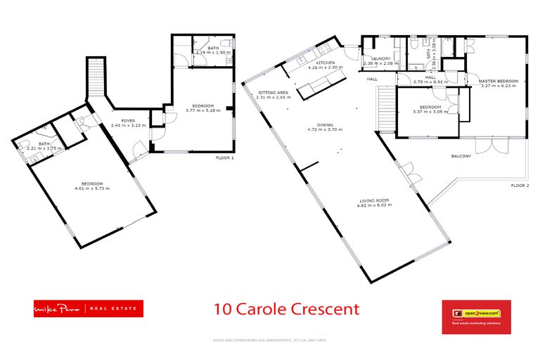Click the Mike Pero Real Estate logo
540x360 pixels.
(x=88, y=309)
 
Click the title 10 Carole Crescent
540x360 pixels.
(x=286, y=309)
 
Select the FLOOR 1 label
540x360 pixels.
(x=225, y=158)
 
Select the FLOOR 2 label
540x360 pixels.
(x=519, y=186)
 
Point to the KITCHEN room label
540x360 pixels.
(x=325, y=63)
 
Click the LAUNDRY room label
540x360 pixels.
(x=381, y=59)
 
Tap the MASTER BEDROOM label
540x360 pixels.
(x=498, y=82)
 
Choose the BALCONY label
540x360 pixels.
(x=461, y=157)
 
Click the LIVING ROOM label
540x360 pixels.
(x=372, y=200)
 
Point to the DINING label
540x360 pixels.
(x=324, y=125)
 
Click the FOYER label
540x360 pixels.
(x=127, y=121)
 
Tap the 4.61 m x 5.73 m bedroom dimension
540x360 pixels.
(x=91, y=188)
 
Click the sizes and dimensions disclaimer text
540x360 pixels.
(x=269, y=340)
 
